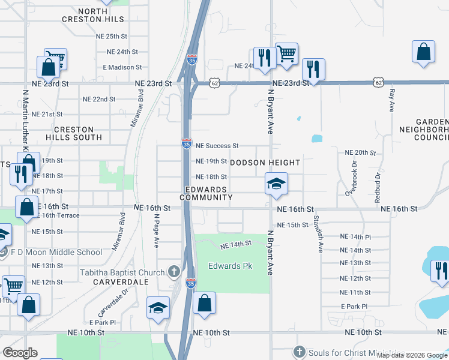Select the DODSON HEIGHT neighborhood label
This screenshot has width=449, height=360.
[265, 163]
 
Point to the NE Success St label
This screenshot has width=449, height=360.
[217, 146]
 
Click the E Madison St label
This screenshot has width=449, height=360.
[122, 68]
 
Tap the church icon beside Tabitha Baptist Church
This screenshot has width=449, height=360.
[174, 273]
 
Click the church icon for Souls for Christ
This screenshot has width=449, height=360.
[299, 351]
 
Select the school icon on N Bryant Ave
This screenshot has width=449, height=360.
[276, 184]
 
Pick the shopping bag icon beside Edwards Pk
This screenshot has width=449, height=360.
[205, 304]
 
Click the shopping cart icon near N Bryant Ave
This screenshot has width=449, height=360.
[286, 54]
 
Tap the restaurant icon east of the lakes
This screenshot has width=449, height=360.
[440, 271]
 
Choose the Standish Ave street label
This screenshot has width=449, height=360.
[321, 239]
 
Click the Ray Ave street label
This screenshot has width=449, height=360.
[392, 101]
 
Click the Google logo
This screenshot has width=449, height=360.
[20, 353]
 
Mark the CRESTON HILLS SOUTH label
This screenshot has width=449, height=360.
[74, 133]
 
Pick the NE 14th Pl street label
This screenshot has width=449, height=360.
[355, 237]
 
